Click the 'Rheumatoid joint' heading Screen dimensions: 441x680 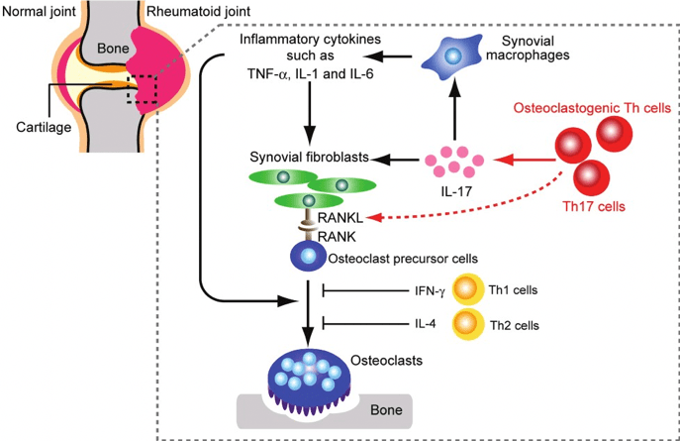click(197, 12)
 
